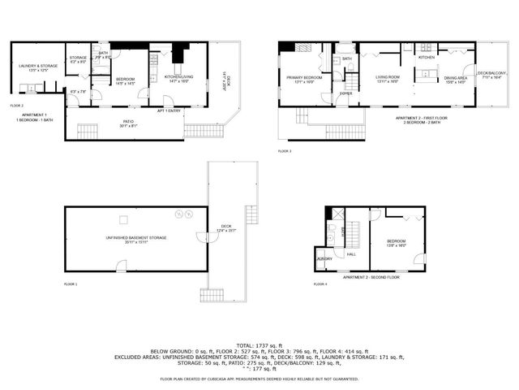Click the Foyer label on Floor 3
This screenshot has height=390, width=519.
346,94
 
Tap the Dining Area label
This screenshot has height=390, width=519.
455,80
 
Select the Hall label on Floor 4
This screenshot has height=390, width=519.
351,254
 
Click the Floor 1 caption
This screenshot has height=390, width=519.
71,284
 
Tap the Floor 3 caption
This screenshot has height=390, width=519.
285,151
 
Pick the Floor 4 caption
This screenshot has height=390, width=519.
320,284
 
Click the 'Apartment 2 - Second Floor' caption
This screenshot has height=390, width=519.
371,278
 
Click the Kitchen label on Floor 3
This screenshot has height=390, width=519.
427,58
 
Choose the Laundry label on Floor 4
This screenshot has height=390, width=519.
324,259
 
